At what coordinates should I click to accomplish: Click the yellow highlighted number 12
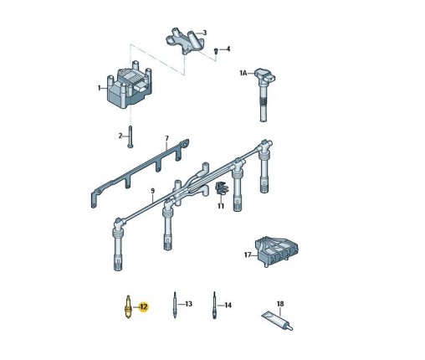(144, 307)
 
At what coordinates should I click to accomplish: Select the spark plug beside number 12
(128, 306)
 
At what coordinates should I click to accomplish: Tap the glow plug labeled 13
(175, 305)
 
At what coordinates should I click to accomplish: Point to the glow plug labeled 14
(214, 306)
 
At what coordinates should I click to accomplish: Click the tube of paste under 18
(278, 321)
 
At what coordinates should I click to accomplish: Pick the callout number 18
(280, 303)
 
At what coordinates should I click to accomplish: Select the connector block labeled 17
(277, 252)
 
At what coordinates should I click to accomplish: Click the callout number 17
(248, 255)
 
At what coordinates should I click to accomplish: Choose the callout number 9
(152, 191)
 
